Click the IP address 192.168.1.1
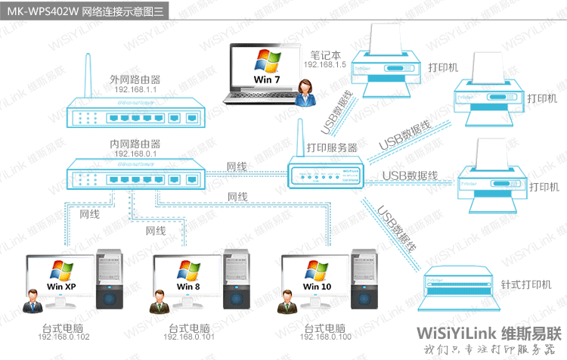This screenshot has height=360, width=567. click(x=135, y=89)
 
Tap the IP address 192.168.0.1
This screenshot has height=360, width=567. click(x=135, y=154)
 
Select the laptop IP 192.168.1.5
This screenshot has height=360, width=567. click(x=325, y=65)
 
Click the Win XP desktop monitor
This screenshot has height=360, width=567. click(x=60, y=277)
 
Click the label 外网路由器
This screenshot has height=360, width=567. click(x=135, y=79)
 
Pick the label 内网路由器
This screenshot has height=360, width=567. click(x=135, y=144)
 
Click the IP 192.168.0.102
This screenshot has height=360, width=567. click(x=64, y=337)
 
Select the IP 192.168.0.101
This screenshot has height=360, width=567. click(x=189, y=337)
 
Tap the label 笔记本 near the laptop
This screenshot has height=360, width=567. click(x=325, y=55)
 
